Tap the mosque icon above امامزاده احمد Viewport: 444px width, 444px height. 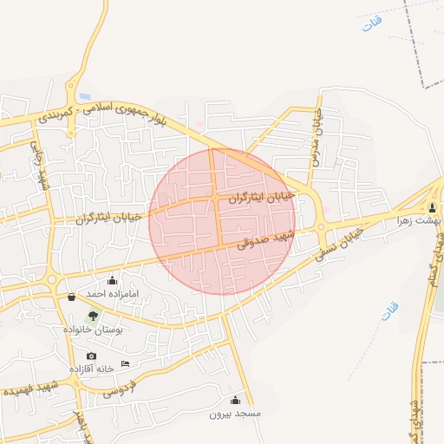(x=113, y=280)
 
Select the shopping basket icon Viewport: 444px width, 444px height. (x=71, y=297)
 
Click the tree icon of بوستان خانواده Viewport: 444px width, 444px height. (x=93, y=316)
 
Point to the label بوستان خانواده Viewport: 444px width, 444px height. (x=93, y=330)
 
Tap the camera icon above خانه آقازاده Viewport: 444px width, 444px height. (x=91, y=356)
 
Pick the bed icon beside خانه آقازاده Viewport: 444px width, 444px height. (x=126, y=363)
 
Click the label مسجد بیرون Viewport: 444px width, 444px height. (x=235, y=415)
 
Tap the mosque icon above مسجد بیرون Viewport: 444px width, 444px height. (x=235, y=400)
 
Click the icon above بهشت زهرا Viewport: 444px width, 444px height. (x=432, y=207)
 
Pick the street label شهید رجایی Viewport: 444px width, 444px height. (x=40, y=165)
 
